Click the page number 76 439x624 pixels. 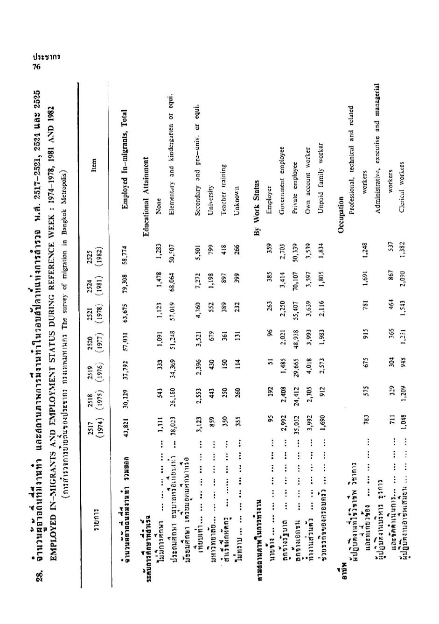(x=36, y=67)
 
